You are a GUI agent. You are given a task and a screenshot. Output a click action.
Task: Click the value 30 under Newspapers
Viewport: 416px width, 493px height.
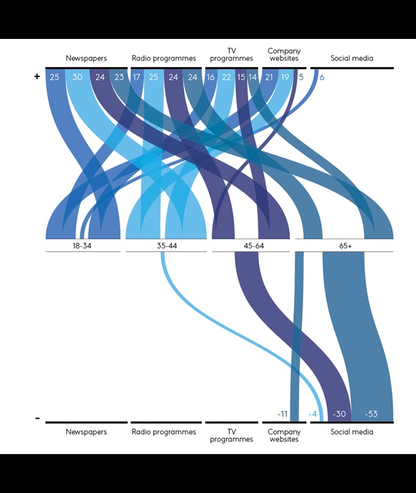click(x=77, y=77)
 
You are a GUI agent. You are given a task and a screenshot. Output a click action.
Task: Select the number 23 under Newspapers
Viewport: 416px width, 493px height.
click(x=119, y=77)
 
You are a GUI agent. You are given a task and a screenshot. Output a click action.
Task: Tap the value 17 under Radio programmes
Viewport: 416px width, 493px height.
click(x=136, y=77)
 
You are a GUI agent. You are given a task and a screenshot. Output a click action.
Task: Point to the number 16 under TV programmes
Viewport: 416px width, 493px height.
click(x=211, y=77)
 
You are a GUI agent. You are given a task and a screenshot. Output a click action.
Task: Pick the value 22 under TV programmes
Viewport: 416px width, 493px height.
click(x=227, y=77)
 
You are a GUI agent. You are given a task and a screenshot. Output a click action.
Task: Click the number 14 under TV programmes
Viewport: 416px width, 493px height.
click(x=252, y=77)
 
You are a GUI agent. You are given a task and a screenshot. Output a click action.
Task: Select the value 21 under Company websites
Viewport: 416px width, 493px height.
click(x=269, y=77)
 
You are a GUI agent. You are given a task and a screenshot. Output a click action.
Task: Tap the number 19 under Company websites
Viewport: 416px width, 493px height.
click(x=285, y=77)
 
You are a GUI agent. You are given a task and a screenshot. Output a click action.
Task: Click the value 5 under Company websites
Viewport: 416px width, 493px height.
click(x=301, y=77)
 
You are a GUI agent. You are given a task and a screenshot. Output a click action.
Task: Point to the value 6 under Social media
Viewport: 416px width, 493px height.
click(x=322, y=77)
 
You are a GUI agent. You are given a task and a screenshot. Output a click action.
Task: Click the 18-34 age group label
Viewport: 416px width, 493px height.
click(x=83, y=246)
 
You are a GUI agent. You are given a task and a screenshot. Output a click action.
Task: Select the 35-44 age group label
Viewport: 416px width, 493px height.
click(x=166, y=246)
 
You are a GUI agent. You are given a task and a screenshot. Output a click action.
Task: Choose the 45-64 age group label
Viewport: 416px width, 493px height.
click(x=252, y=246)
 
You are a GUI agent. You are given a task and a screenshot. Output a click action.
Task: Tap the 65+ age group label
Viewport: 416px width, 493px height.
click(x=345, y=246)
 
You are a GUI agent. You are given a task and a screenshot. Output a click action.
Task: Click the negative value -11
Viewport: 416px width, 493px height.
click(x=282, y=414)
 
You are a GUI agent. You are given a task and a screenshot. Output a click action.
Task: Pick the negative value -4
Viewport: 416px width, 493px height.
click(x=312, y=414)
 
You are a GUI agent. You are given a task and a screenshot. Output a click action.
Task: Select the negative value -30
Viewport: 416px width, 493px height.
click(x=339, y=414)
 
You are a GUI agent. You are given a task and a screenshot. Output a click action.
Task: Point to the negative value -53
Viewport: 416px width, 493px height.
click(x=370, y=414)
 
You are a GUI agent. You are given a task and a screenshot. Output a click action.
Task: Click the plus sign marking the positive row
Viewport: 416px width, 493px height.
click(x=38, y=77)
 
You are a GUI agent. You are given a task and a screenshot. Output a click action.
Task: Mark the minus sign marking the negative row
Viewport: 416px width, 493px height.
click(x=38, y=419)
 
